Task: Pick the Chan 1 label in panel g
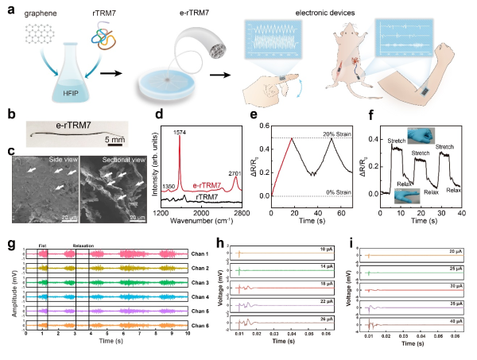pyautogui.click(x=206, y=254)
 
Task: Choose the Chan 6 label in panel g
pyautogui.click(x=206, y=325)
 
